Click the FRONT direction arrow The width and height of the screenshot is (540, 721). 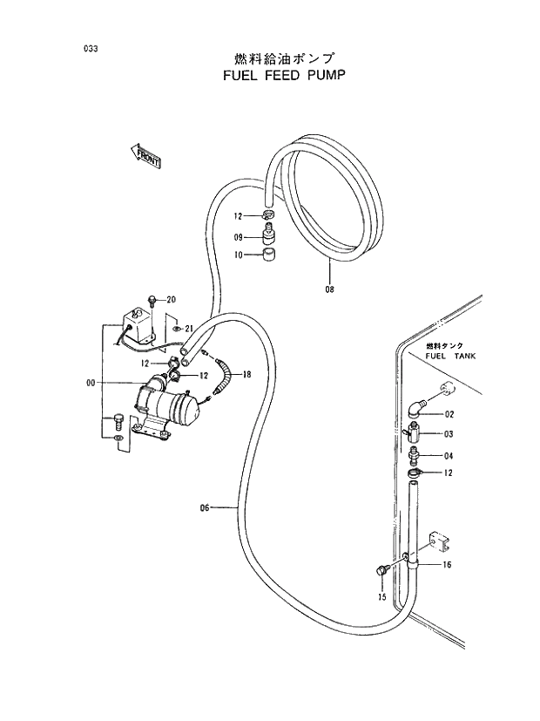pyautogui.click(x=145, y=156)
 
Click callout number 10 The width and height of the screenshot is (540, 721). pyautogui.click(x=238, y=255)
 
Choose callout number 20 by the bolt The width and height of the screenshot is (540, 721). pyautogui.click(x=171, y=300)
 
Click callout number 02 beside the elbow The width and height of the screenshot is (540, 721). pyautogui.click(x=449, y=414)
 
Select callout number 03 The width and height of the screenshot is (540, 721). pyautogui.click(x=449, y=433)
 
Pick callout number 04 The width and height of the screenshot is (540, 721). pyautogui.click(x=449, y=455)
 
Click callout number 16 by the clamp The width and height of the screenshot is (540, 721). pyautogui.click(x=447, y=565)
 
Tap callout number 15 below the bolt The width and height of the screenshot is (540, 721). pyautogui.click(x=381, y=597)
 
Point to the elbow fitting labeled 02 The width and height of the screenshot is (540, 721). pyautogui.click(x=416, y=407)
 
